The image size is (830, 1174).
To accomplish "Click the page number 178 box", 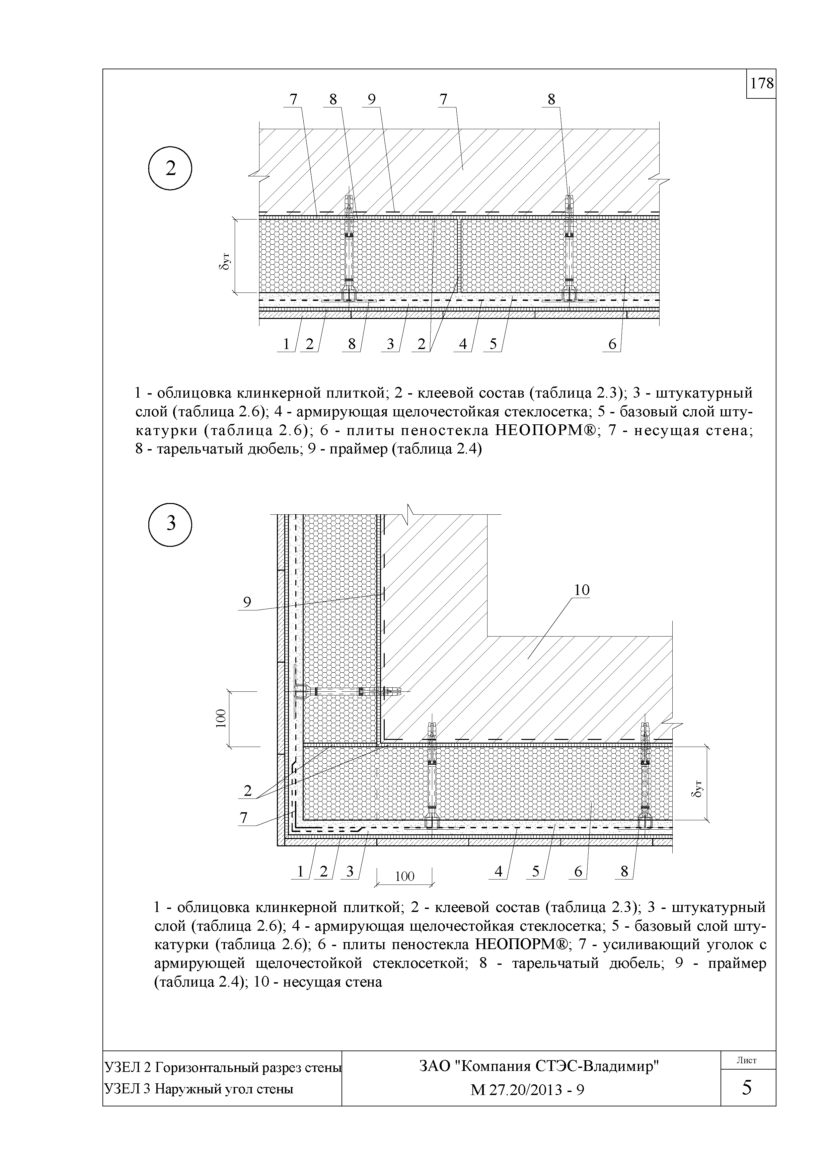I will click(x=761, y=83).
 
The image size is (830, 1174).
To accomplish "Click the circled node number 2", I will click(x=170, y=168).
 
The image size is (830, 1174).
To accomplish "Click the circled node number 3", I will click(x=170, y=524).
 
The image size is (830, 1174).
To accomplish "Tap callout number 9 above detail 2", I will click(x=372, y=99).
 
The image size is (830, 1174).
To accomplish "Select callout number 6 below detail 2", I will click(x=612, y=345).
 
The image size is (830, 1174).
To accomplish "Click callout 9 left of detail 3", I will click(x=247, y=602).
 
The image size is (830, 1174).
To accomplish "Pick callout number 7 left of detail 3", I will click(x=244, y=818).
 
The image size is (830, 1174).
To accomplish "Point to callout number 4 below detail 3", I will click(x=499, y=871).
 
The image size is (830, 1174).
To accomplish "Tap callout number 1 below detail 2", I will click(x=286, y=345).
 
